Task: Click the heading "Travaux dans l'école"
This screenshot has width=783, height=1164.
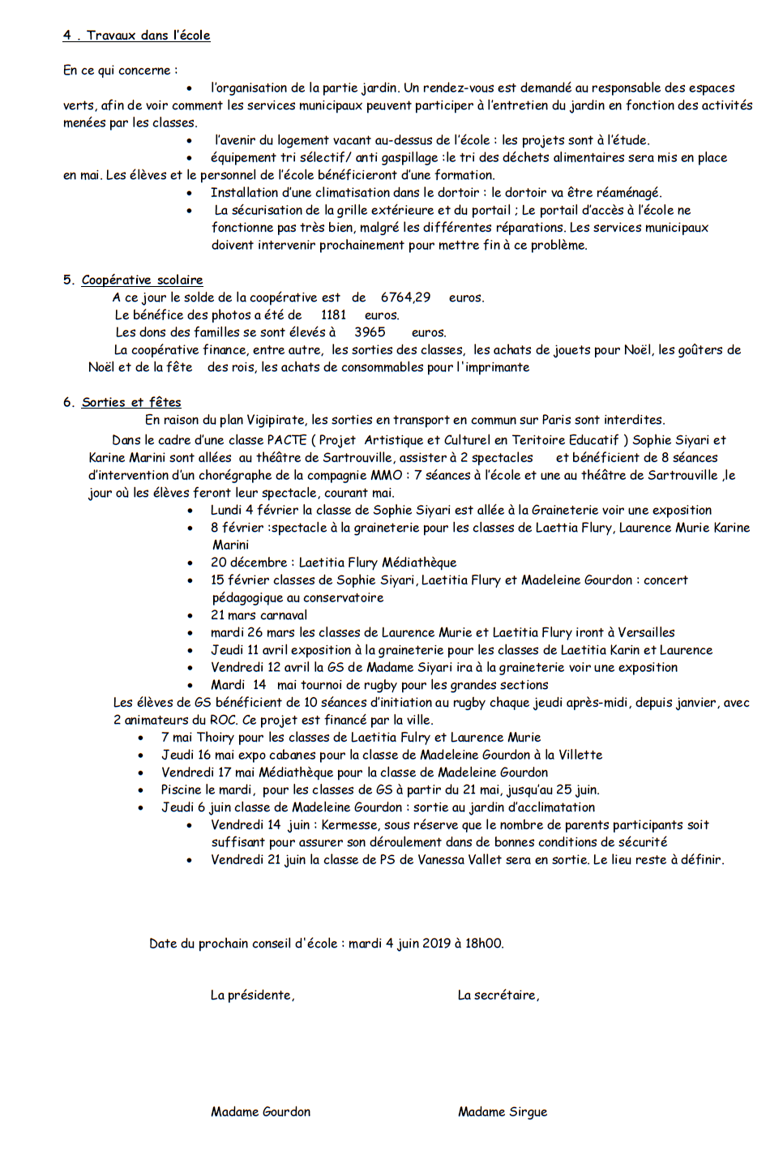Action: [x=148, y=36]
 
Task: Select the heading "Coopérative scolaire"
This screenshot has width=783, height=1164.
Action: [x=142, y=280]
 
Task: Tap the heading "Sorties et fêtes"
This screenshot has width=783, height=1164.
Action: [x=131, y=402]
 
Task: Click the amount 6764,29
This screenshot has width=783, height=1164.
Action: [x=405, y=297]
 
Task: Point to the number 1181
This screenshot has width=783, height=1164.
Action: [x=333, y=315]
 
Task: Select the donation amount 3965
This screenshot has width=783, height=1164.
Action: [x=370, y=332]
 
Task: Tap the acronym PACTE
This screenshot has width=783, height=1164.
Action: [x=286, y=440]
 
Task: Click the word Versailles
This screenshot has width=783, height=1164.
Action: [x=646, y=632]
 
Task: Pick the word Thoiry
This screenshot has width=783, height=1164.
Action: [x=215, y=738]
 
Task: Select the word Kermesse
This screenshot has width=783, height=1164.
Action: [x=350, y=825]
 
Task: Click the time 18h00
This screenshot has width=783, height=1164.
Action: [x=484, y=944]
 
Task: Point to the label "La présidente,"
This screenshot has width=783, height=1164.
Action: [x=252, y=995]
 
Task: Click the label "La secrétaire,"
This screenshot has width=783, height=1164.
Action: [x=498, y=995]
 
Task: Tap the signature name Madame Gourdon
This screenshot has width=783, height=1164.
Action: [x=260, y=1112]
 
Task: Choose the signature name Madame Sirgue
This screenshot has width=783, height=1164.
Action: [x=502, y=1112]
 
